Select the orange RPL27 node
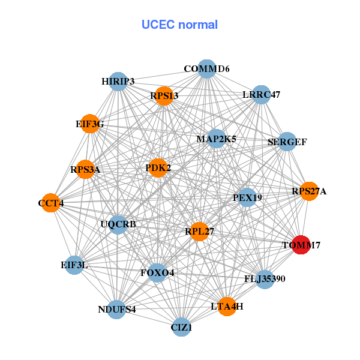click(199, 231)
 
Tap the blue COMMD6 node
click(206, 69)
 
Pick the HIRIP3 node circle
click(118, 82)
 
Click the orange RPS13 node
click(164, 96)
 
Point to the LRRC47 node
click(261, 94)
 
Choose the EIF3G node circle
click(89, 124)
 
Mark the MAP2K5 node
click(216, 139)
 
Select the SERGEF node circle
click(287, 142)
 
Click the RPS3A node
click(85, 169)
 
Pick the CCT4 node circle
click(51, 203)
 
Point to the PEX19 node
click(247, 197)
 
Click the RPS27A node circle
click(309, 191)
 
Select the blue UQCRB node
click(118, 225)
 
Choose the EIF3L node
click(74, 265)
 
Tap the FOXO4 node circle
click(157, 273)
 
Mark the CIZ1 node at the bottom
click(181, 328)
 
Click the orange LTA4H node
click(227, 307)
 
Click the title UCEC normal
click(179, 25)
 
